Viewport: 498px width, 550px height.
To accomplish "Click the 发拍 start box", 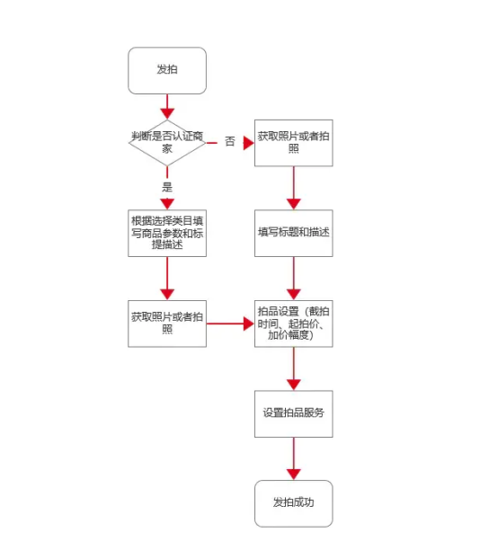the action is click(167, 70).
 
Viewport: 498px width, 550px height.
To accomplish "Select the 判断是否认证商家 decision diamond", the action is click(167, 142).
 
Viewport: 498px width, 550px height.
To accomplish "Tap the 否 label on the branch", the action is click(230, 141).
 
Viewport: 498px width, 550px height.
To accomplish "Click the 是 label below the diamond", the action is click(167, 187).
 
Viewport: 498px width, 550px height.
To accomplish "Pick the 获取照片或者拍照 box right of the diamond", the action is click(294, 143).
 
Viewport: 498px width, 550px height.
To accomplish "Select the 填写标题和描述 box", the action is click(294, 234).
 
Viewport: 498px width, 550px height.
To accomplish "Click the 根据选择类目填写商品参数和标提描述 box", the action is click(167, 234).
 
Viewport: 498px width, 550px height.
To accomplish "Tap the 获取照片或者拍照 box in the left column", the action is click(167, 324).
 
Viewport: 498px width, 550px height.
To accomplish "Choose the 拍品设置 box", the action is click(294, 324).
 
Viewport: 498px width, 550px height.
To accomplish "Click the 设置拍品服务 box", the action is click(294, 414).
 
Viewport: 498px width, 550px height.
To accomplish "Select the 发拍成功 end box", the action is click(294, 503).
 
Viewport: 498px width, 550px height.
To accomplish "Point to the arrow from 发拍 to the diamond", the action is click(167, 107).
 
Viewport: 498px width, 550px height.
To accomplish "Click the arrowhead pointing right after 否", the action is click(249, 143).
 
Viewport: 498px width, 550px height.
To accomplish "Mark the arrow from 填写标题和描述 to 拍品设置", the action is click(294, 279).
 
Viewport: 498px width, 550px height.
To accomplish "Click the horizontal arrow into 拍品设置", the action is click(230, 324).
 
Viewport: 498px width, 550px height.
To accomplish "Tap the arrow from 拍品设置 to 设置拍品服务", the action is click(294, 368).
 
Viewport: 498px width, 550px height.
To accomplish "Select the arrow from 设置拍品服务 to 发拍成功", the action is click(294, 459).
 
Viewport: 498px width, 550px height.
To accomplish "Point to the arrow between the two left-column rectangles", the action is click(167, 279).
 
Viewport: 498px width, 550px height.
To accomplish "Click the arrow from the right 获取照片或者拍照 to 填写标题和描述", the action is click(294, 188).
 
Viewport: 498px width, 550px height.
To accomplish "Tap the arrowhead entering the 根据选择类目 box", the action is click(167, 204).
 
